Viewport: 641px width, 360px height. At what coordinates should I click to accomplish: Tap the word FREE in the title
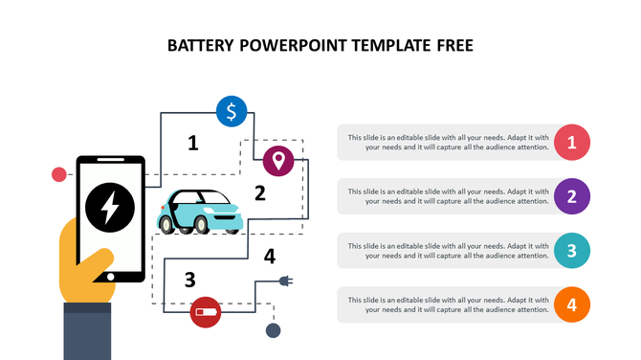coord(451,45)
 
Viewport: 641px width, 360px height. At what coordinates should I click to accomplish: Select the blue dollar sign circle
coord(232,111)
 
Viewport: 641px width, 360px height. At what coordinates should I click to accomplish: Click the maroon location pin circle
coord(278,160)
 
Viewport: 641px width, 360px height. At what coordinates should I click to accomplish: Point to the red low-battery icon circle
coord(206,311)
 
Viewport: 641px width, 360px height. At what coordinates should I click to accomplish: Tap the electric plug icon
coord(284,281)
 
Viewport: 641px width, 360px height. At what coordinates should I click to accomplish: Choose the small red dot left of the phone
coord(58,174)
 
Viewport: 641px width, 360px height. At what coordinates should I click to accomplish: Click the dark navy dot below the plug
coord(274,331)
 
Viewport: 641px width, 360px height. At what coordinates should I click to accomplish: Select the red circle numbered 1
coord(571,143)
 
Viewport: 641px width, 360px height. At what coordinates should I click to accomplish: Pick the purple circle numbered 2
coord(571,197)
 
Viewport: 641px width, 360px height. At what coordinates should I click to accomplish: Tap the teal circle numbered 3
coord(571,251)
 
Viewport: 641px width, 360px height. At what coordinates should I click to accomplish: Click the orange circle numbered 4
coord(571,305)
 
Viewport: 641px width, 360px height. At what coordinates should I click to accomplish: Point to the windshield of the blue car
coord(213,201)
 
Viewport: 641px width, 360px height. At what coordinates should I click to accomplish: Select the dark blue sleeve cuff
coord(91,330)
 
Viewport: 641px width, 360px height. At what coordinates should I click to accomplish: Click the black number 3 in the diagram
coord(190,280)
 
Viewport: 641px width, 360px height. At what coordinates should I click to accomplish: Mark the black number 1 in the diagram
coord(193,144)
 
